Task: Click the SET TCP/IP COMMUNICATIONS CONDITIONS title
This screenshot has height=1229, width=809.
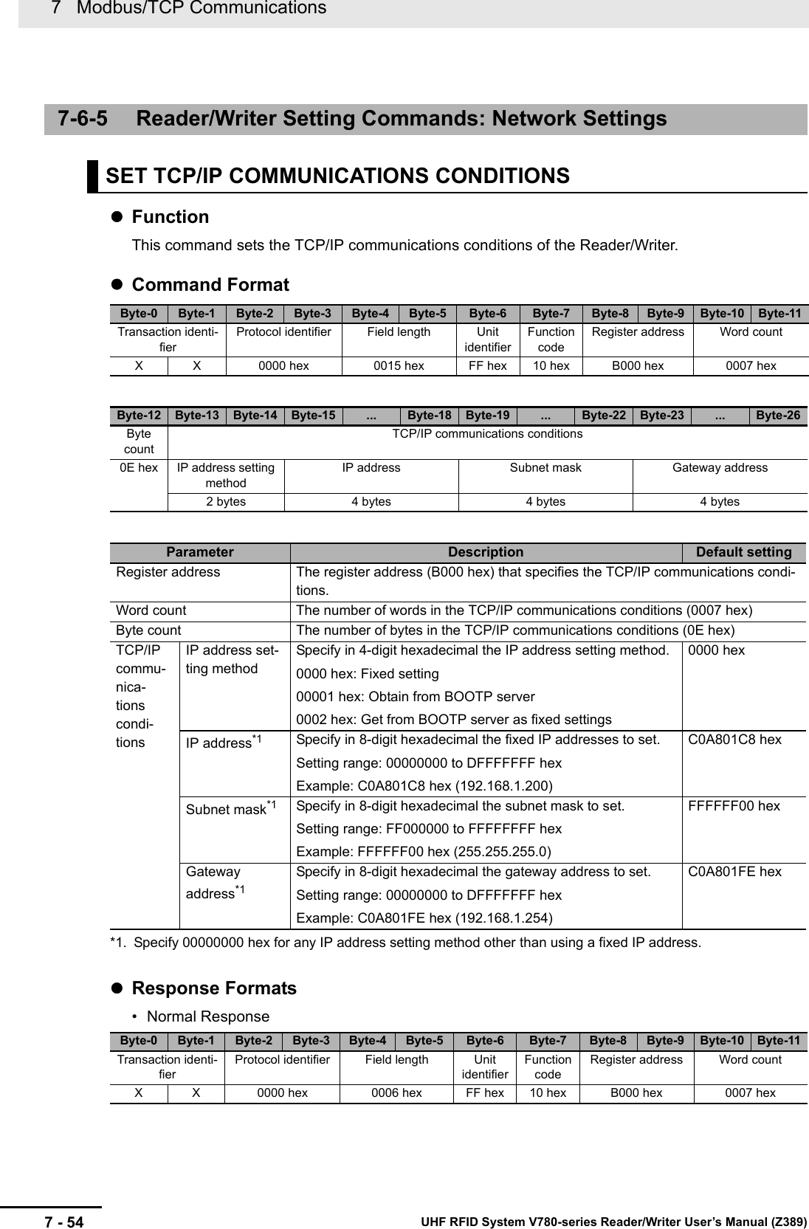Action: [337, 176]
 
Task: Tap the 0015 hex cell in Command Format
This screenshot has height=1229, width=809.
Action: [399, 365]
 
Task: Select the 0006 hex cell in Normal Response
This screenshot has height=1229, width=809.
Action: [396, 1092]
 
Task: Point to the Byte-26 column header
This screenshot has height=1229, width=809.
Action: [778, 416]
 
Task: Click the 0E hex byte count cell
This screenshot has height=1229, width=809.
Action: [139, 468]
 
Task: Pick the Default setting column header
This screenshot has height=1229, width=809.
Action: [743, 552]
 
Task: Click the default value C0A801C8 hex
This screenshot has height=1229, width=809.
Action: [734, 740]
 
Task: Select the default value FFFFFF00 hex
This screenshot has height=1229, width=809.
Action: [734, 806]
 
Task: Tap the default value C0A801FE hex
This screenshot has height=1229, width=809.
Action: [734, 872]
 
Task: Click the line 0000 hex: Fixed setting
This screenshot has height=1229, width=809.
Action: [368, 674]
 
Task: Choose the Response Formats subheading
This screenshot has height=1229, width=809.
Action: [214, 988]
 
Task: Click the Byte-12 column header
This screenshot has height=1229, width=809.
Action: [139, 416]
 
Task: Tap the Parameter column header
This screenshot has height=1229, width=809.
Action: [199, 552]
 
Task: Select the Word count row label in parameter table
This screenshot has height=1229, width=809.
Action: [151, 610]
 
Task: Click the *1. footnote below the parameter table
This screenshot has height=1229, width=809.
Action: [405, 943]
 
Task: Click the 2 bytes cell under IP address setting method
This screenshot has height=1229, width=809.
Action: [226, 502]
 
